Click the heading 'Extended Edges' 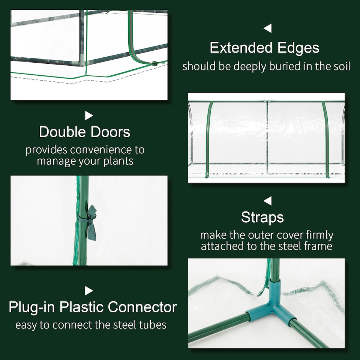pyautogui.click(x=264, y=48)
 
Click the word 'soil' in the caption pyautogui.click(x=342, y=66)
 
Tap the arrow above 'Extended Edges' pyautogui.click(x=267, y=28)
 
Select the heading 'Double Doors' pyautogui.click(x=85, y=132)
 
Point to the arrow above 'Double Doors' pyautogui.click(x=89, y=115)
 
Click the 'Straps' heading pyautogui.click(x=262, y=217)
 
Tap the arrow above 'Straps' pyautogui.click(x=267, y=201)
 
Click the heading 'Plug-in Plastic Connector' pyautogui.click(x=93, y=307)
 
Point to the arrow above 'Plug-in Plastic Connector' pyautogui.click(x=89, y=291)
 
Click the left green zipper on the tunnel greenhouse pyautogui.click(x=207, y=139)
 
